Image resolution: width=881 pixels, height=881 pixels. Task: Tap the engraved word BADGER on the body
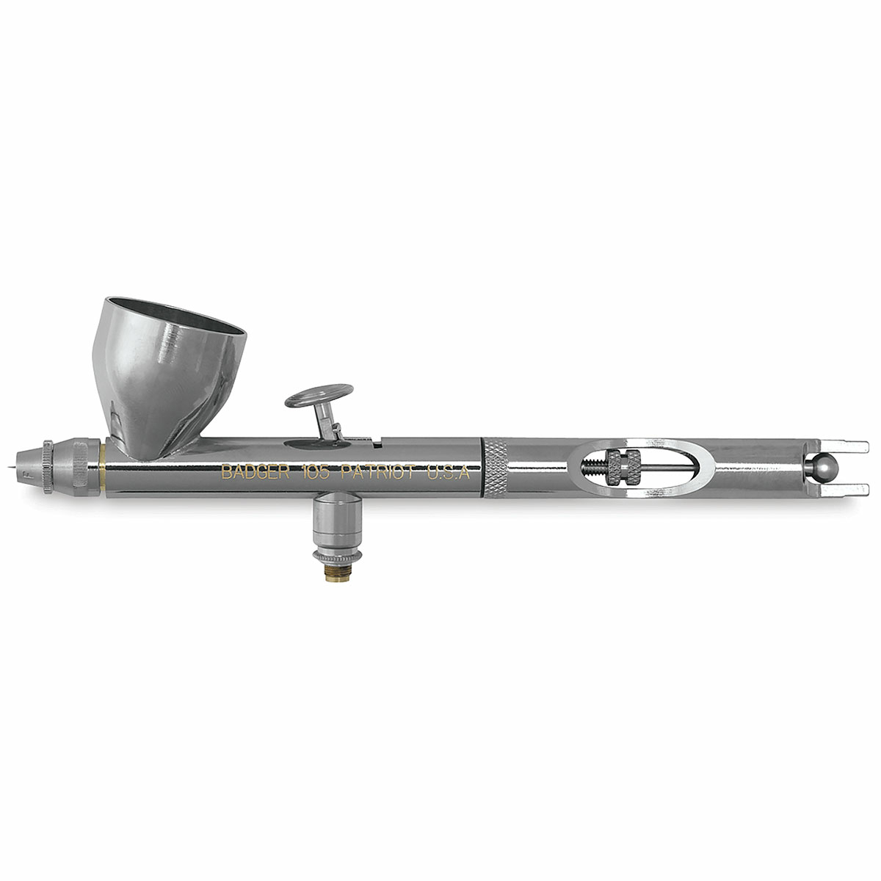pyautogui.click(x=255, y=472)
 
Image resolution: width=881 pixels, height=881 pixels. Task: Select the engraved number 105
pyautogui.click(x=315, y=472)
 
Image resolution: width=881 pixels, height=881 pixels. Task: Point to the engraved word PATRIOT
pyautogui.click(x=378, y=472)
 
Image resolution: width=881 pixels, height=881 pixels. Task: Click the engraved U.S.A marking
pyautogui.click(x=448, y=472)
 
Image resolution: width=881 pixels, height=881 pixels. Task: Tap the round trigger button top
pyautogui.click(x=319, y=396)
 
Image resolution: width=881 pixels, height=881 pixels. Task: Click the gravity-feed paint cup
pyautogui.click(x=168, y=377)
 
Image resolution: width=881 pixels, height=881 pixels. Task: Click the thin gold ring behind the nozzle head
pyautogui.click(x=102, y=467)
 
